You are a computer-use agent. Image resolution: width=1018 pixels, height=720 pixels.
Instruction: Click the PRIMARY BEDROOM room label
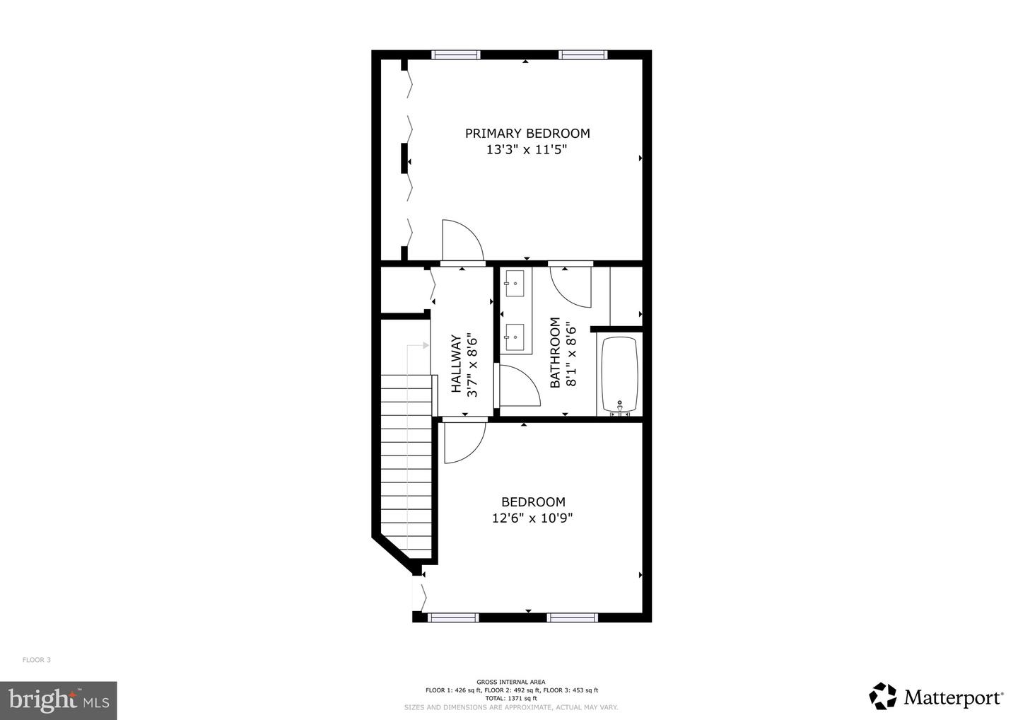click(x=527, y=133)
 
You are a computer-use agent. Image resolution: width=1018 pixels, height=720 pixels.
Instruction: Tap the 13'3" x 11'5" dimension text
click(x=527, y=150)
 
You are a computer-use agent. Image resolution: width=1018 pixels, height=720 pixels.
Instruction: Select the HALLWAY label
click(x=456, y=364)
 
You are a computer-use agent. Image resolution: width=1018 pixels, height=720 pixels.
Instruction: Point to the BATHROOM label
click(x=555, y=352)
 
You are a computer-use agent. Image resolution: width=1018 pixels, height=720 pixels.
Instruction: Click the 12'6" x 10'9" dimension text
click(x=532, y=518)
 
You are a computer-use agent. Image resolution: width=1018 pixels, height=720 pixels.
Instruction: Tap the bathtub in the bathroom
click(x=619, y=375)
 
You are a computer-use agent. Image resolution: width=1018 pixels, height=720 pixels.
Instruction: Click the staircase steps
click(x=407, y=467)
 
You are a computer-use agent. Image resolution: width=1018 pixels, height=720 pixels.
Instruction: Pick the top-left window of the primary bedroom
click(x=456, y=54)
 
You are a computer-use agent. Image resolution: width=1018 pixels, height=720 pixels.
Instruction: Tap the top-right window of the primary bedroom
click(x=583, y=54)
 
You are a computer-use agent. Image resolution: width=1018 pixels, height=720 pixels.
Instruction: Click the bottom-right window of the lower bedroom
click(x=573, y=617)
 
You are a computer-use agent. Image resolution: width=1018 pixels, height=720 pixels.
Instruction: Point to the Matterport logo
click(x=936, y=697)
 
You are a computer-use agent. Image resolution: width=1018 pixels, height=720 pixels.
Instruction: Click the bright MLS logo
click(x=58, y=700)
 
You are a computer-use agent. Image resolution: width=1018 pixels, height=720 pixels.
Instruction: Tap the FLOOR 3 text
click(x=37, y=660)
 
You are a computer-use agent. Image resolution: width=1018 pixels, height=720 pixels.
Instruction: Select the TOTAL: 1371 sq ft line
click(x=511, y=698)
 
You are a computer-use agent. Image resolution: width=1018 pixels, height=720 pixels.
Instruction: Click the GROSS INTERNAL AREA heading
click(x=511, y=683)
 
